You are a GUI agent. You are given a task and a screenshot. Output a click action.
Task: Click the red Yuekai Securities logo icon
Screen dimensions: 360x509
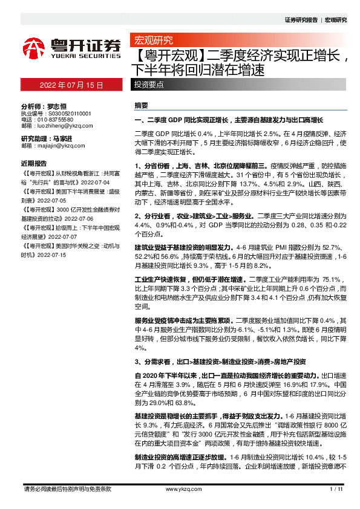[x=34, y=47]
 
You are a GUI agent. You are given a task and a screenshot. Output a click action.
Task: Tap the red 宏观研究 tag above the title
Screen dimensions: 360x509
[x=153, y=41]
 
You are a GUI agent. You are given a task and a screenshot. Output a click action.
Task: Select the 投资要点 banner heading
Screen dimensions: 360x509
[x=148, y=85]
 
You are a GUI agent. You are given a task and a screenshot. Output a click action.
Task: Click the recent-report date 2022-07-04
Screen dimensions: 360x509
[x=92, y=181]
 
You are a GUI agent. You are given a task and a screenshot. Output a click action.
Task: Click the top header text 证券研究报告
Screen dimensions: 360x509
[x=301, y=20]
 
